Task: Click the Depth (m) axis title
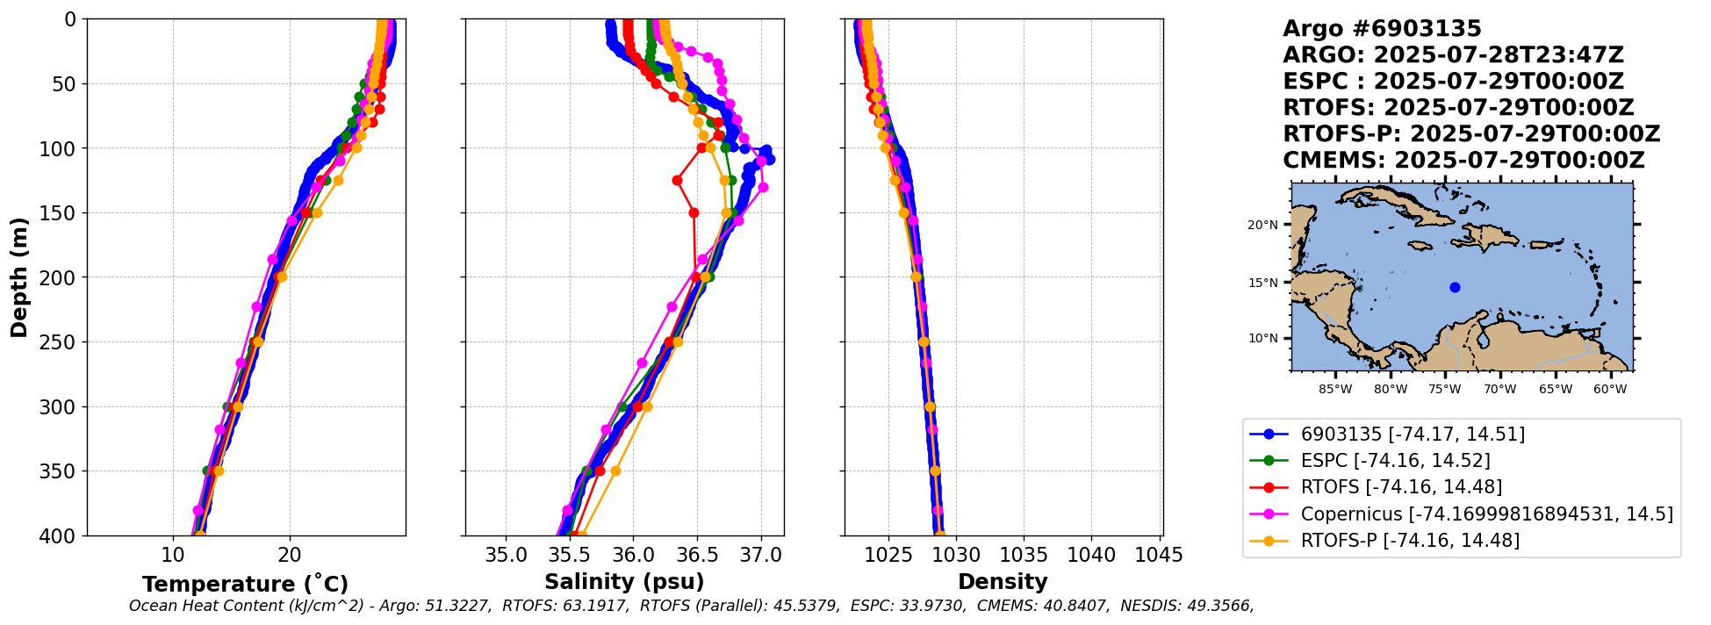coord(19,277)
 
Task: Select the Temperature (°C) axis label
coord(246,584)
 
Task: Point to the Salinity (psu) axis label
coord(624,582)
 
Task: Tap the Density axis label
coord(1003,582)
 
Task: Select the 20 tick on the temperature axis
coord(290,556)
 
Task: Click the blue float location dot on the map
coord(1455,287)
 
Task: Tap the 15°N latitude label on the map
coord(1262,283)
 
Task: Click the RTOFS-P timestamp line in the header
coord(1471,134)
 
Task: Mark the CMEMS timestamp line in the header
coord(1463,161)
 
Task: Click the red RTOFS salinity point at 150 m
coord(694,212)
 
